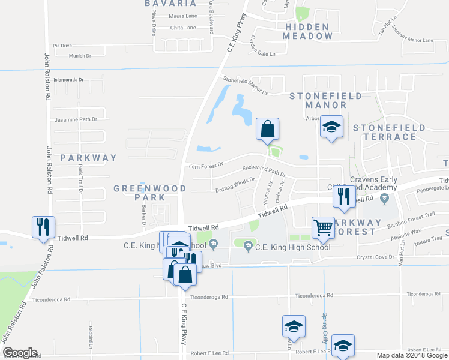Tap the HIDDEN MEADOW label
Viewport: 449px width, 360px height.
(308, 31)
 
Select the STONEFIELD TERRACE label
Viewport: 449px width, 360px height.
(389, 132)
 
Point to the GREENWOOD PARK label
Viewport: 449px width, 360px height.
(150, 193)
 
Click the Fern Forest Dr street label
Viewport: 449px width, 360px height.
(206, 165)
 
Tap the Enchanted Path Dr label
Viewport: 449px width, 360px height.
(264, 170)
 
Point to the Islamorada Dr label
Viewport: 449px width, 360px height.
(71, 79)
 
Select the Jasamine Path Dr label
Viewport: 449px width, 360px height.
(76, 119)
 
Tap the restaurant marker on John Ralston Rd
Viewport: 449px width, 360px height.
(43, 227)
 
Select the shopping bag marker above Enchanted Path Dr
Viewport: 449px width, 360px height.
(267, 128)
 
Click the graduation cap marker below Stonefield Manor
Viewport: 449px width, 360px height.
(331, 127)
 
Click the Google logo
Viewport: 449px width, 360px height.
(20, 353)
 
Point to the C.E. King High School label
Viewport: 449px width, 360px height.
(292, 247)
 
